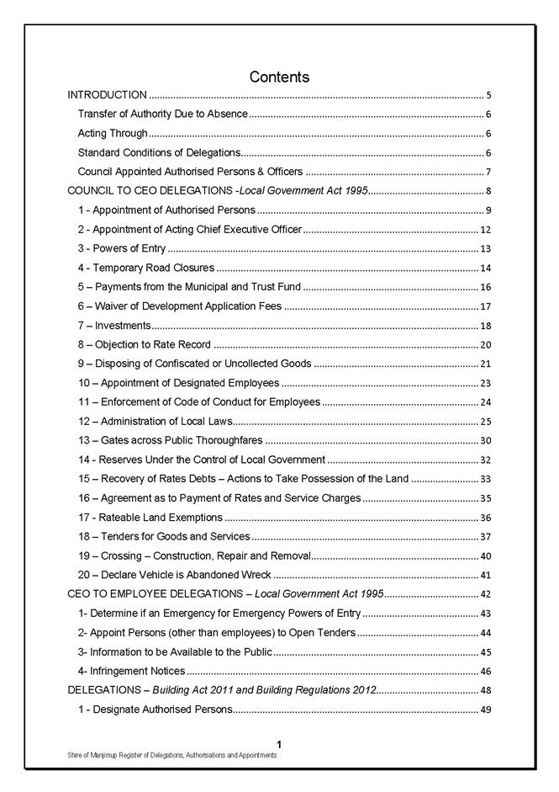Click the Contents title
click(x=279, y=77)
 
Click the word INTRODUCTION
click(x=108, y=95)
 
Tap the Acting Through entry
click(x=113, y=133)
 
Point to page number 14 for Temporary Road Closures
click(x=485, y=268)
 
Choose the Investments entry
click(x=114, y=326)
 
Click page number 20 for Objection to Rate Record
click(x=485, y=345)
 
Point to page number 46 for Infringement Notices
click(x=485, y=672)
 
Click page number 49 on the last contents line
click(x=485, y=710)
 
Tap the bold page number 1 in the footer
click(x=278, y=744)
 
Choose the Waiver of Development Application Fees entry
click(x=179, y=306)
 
